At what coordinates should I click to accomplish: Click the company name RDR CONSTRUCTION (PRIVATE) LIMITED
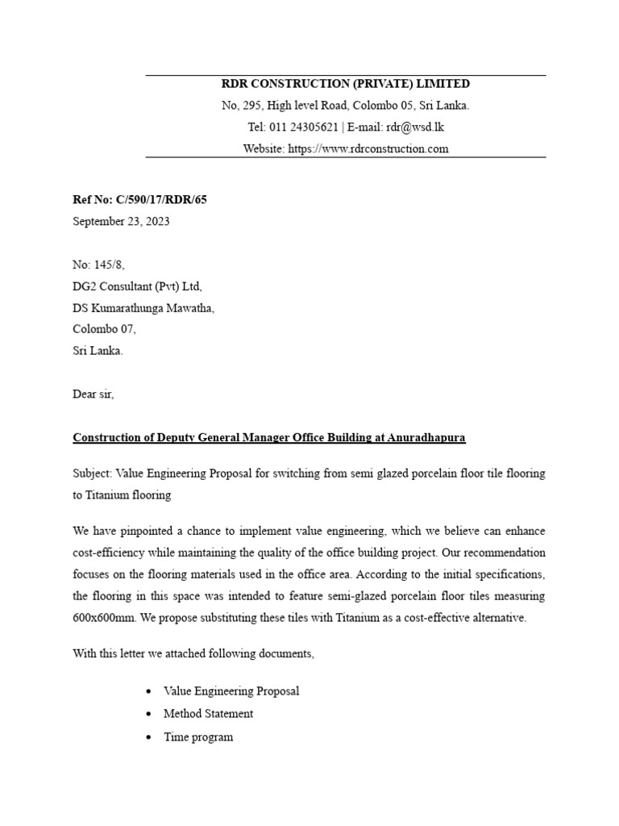pyautogui.click(x=345, y=84)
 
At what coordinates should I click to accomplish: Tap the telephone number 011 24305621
pyautogui.click(x=304, y=127)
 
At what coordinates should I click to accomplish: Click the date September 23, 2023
pyautogui.click(x=121, y=222)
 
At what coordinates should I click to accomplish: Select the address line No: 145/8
pyautogui.click(x=99, y=265)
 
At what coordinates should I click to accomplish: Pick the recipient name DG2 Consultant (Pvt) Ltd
pyautogui.click(x=138, y=286)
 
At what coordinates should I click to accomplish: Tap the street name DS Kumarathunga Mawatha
pyautogui.click(x=144, y=308)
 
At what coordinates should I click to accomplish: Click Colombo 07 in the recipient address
pyautogui.click(x=105, y=329)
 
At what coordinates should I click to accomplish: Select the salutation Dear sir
pyautogui.click(x=93, y=394)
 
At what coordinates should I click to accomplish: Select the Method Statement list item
pyautogui.click(x=208, y=714)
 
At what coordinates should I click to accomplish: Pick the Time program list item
pyautogui.click(x=198, y=736)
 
